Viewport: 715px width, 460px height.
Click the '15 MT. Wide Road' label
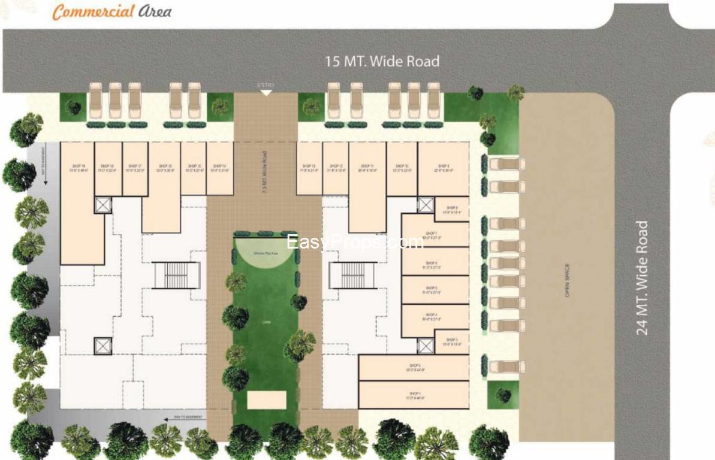(382, 61)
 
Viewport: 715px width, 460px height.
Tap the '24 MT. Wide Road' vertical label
(642, 278)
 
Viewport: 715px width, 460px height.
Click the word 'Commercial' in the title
(92, 11)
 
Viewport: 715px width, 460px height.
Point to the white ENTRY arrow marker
(266, 92)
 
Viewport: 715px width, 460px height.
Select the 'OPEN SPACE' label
(566, 280)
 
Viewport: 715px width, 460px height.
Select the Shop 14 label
(219, 168)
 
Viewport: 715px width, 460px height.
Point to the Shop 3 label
(452, 341)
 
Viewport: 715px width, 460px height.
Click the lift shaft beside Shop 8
(425, 205)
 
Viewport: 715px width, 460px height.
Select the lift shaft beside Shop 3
(425, 346)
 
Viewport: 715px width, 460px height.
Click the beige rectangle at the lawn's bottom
(267, 400)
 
